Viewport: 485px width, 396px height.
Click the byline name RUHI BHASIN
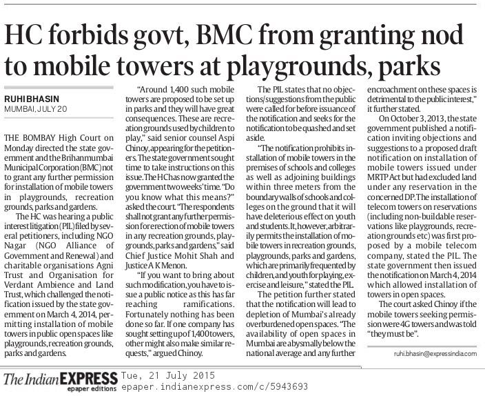tap(32, 98)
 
